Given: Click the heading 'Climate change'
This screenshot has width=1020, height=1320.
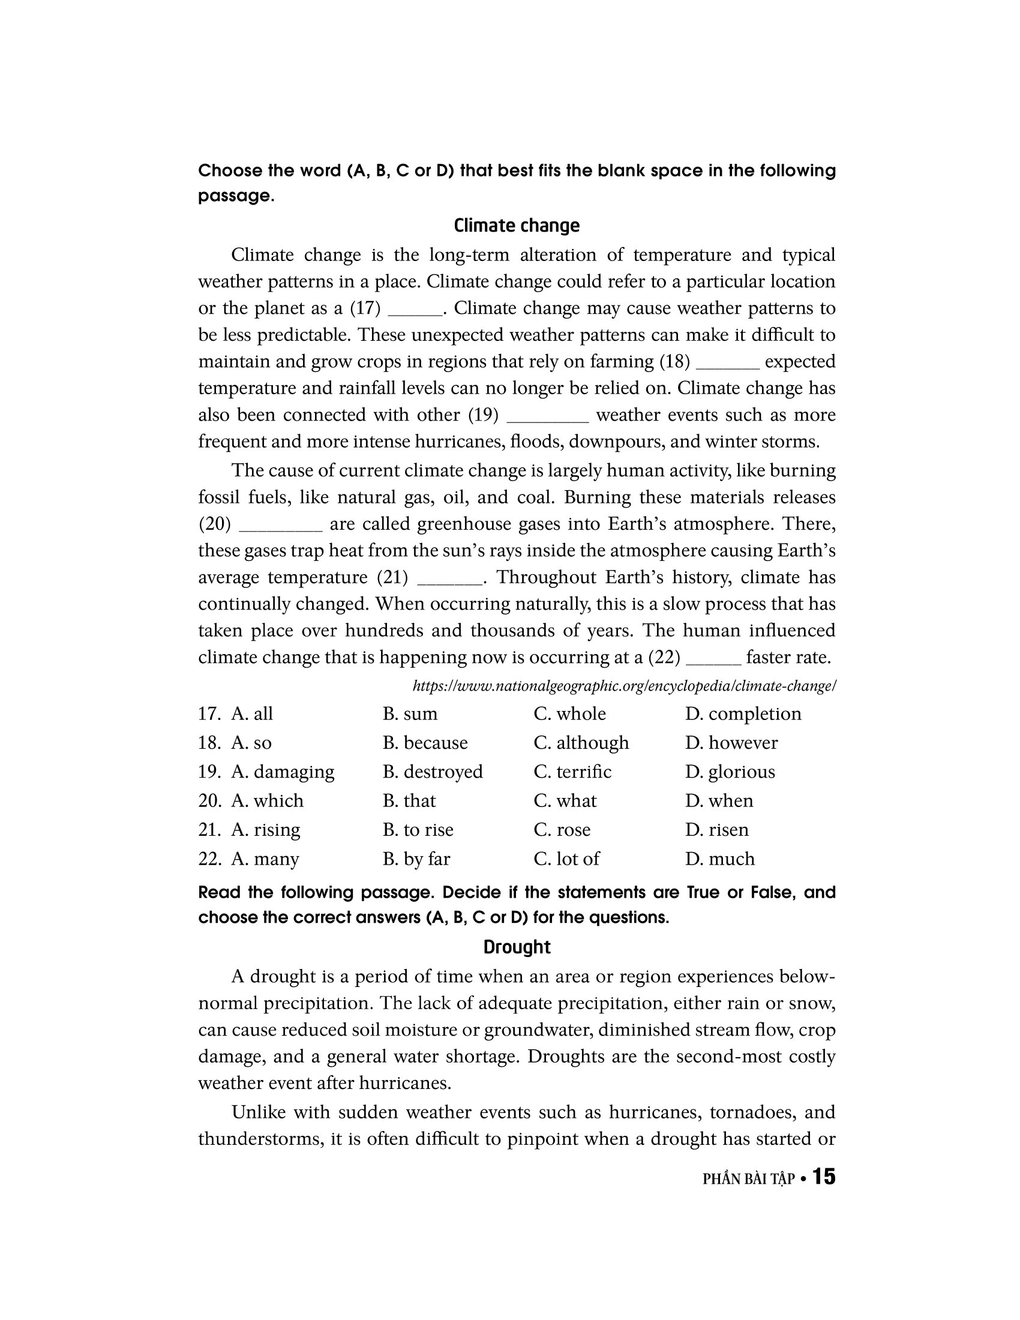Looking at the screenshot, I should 516,226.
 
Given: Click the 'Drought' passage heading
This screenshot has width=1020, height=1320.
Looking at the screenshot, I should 517,946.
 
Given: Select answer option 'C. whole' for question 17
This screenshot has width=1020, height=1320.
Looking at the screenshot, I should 569,714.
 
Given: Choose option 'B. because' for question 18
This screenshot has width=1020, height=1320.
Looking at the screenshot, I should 425,743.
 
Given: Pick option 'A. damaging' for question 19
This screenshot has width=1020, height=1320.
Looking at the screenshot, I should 282,772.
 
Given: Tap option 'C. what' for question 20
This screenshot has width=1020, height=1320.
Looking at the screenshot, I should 565,801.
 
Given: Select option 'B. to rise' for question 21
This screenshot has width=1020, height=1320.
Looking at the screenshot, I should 418,830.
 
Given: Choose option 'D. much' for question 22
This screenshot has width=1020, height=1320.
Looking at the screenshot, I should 719,859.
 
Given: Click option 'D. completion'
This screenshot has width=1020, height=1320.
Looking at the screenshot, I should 743,714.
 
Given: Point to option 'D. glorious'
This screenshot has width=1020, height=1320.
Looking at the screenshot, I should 730,772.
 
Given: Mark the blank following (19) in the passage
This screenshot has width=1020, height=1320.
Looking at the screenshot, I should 547,417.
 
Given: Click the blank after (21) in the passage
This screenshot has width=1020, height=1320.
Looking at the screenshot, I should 449,579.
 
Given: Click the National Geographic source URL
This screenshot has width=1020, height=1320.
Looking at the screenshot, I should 623,686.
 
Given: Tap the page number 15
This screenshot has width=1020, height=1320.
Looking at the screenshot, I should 824,1176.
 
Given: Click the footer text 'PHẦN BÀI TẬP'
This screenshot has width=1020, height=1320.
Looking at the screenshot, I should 748,1178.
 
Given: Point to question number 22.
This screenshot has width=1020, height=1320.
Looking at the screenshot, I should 209,859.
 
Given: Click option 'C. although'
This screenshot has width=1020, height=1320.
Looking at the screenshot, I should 581,743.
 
